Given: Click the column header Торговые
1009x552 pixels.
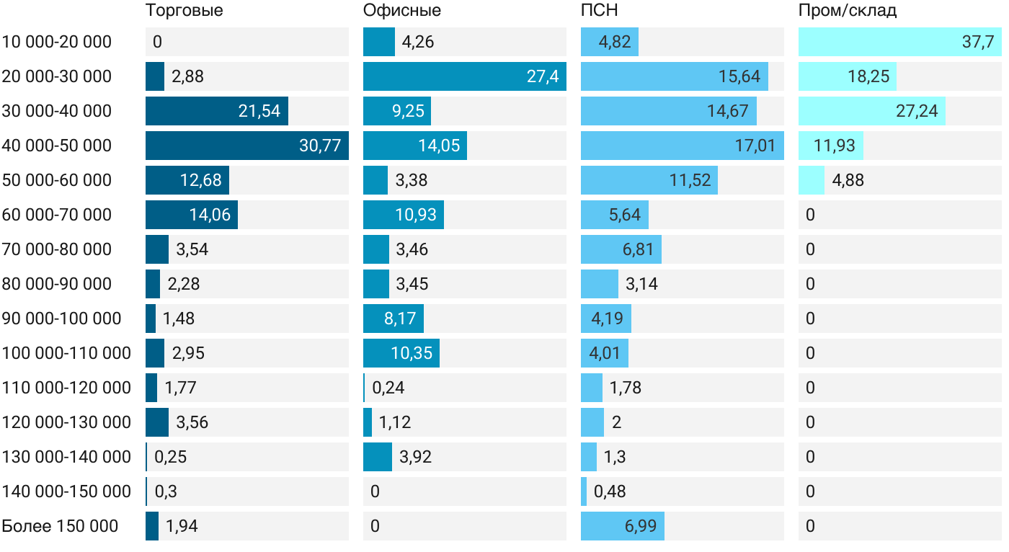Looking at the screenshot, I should click(x=185, y=11).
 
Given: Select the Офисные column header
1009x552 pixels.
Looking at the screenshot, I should click(x=402, y=11).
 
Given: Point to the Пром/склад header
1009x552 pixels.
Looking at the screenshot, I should click(x=848, y=11).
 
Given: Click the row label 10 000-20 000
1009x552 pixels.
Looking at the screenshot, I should click(x=57, y=42).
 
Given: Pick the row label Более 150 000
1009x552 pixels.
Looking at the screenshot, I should click(x=60, y=526).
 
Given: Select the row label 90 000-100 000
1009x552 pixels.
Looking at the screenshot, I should click(x=62, y=319).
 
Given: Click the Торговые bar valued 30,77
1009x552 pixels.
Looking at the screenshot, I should click(x=247, y=146).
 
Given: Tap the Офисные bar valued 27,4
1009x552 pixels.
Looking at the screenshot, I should click(x=465, y=76).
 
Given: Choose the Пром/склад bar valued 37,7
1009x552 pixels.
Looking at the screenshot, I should click(x=900, y=42).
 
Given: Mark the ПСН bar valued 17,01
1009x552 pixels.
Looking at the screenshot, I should click(x=682, y=146).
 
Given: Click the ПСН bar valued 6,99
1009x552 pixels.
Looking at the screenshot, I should click(x=623, y=526).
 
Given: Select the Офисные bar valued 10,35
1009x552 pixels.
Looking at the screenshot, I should click(x=401, y=353).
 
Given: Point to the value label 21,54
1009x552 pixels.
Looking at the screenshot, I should click(x=259, y=111).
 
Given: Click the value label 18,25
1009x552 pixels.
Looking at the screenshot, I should click(x=868, y=76).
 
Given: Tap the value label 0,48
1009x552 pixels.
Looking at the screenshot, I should click(x=610, y=491).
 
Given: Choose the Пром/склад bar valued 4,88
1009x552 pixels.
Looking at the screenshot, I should click(x=812, y=180).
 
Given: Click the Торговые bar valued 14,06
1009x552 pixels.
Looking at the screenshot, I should click(x=192, y=215).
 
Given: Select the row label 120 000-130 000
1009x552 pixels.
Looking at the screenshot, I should click(x=67, y=422).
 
